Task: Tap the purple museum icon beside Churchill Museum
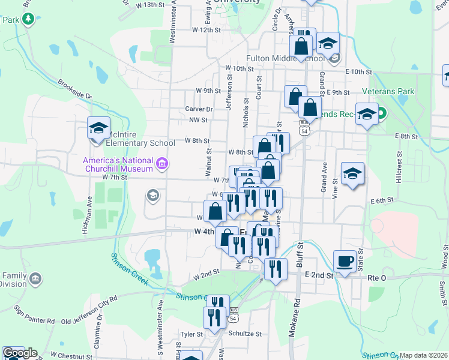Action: pyautogui.click(x=161, y=163)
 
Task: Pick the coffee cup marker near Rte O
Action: pyautogui.click(x=345, y=262)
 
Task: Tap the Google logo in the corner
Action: pyautogui.click(x=19, y=352)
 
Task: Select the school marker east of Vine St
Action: pyautogui.click(x=353, y=174)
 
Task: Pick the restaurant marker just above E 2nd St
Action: pyautogui.click(x=276, y=269)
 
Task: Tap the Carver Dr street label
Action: pyautogui.click(x=199, y=109)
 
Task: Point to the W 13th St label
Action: pyautogui.click(x=150, y=5)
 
